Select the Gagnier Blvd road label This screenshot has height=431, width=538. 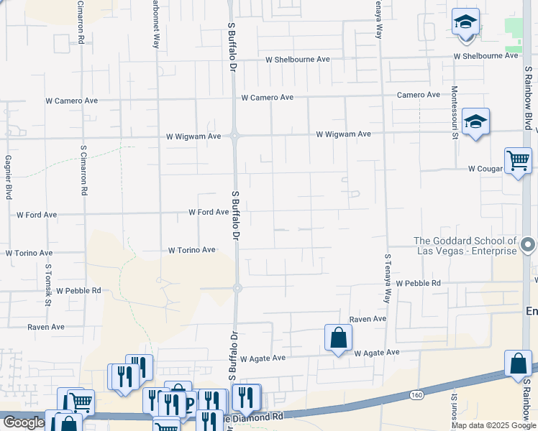click(x=9, y=177)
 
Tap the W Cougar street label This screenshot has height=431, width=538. click(x=484, y=169)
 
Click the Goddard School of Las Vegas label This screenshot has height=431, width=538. click(x=465, y=246)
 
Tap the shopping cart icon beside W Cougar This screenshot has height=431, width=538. click(x=518, y=161)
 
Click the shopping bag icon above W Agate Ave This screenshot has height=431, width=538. click(x=338, y=337)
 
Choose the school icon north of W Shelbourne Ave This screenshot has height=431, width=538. click(x=465, y=22)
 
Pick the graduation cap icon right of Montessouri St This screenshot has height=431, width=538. click(x=475, y=121)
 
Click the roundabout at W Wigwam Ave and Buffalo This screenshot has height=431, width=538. click(x=235, y=134)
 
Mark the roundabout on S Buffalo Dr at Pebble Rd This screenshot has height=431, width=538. click(x=237, y=288)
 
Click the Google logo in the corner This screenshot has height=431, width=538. click(x=24, y=422)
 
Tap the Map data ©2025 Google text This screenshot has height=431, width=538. click(x=494, y=425)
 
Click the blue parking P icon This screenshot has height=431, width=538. click(x=190, y=403)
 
